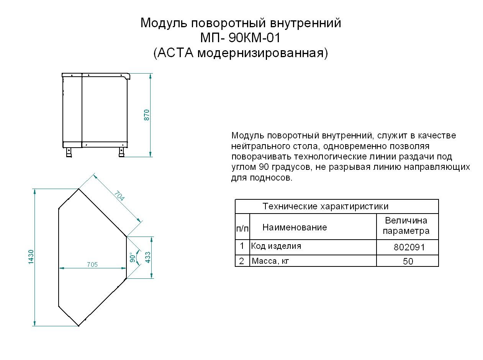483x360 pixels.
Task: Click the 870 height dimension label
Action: (147, 115)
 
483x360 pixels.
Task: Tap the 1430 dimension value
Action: (31, 257)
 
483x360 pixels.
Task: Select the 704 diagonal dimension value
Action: (120, 196)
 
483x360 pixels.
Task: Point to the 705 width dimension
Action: (92, 265)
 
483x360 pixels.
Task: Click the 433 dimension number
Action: (147, 257)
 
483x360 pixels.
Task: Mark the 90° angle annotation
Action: (133, 258)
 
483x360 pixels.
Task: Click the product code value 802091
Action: (409, 247)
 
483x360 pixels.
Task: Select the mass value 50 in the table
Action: (408, 261)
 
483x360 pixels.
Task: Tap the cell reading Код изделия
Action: (276, 246)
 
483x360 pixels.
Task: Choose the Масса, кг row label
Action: (270, 261)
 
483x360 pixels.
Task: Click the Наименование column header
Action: (295, 227)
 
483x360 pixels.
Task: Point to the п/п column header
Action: (242, 229)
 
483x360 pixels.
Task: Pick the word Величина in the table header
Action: (406, 220)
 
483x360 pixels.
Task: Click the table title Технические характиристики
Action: (325, 206)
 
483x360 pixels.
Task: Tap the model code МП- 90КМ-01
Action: (240, 38)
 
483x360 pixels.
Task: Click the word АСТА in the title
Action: (175, 53)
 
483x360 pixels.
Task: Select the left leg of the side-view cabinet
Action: (69, 152)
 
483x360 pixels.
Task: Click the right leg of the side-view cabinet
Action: (121, 152)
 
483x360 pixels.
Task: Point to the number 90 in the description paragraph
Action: (264, 167)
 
